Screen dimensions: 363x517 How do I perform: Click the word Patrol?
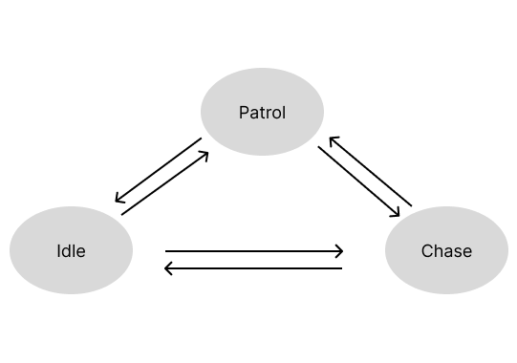point(262,114)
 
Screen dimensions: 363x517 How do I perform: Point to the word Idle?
point(71,252)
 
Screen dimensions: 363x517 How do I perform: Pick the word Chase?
point(446,252)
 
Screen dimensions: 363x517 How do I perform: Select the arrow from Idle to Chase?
point(254,252)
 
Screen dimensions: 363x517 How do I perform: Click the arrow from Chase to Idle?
point(254,268)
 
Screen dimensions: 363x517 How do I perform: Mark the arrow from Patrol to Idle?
point(158,171)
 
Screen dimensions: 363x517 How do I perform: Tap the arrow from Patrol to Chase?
point(358,181)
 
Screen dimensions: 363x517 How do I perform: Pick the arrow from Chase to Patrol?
point(370,171)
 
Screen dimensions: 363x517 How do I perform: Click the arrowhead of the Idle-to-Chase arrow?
point(339,252)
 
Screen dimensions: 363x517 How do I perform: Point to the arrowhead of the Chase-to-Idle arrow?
point(169,268)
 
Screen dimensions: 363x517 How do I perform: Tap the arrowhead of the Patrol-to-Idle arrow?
point(118,200)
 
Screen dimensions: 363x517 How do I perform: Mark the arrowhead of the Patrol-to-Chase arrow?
point(396,212)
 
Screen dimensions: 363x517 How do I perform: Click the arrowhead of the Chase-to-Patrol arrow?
point(332,140)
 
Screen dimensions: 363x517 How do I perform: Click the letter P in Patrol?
point(243,114)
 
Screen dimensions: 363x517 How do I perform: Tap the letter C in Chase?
point(426,252)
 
